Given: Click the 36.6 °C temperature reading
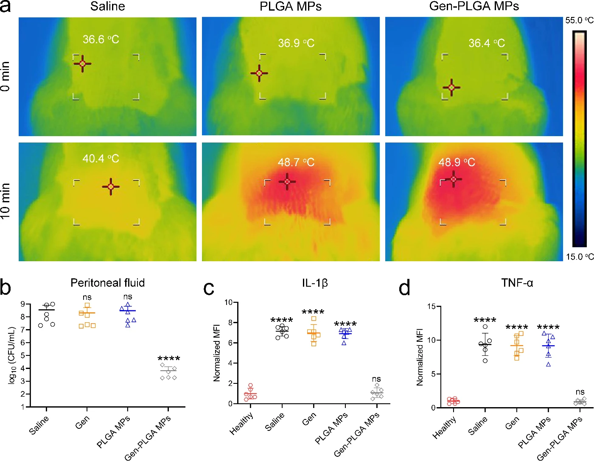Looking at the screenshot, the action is coord(101,39).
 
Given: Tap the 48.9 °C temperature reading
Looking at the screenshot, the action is coord(457,162).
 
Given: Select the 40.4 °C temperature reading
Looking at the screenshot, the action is coord(101,159).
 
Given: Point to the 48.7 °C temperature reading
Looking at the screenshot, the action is coord(296,162).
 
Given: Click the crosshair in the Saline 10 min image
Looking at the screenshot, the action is coord(111,187).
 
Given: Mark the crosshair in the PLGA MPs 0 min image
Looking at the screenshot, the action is coord(259,73).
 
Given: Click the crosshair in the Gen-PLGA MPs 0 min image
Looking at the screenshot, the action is coord(451,87).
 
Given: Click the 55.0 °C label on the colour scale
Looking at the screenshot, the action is coord(579,20).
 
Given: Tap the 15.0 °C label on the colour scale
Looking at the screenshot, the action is coord(580,257).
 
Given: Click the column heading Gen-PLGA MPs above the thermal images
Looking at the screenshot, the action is coord(474,6).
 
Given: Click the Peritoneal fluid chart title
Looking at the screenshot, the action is coord(107,282).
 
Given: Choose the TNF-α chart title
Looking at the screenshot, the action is coord(517,282).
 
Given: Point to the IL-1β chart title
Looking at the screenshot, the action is coord(315,283).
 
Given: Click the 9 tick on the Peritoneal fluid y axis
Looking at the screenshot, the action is coord(22,304).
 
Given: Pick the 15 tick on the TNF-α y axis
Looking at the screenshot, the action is coord(431,307).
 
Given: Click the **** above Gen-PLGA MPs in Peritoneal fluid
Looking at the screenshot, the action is coord(169,359).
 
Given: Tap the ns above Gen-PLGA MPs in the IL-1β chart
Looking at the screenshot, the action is coord(376,379).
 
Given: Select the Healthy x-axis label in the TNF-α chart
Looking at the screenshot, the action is coord(444,427).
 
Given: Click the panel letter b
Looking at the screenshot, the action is coord(6,287).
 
